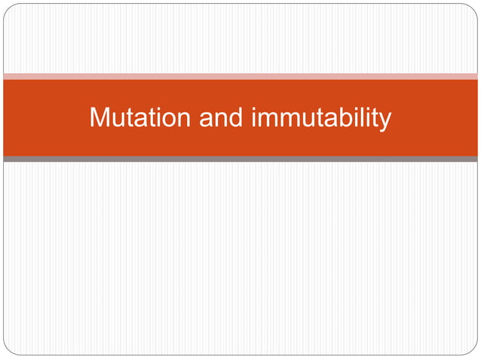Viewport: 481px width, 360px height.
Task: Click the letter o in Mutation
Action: tap(164, 120)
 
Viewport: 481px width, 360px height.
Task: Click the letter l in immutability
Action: tap(363, 117)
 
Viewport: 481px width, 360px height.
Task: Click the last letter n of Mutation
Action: tap(179, 120)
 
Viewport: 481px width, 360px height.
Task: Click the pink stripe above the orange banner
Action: tap(240, 76)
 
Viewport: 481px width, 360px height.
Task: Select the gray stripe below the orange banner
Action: tap(240, 159)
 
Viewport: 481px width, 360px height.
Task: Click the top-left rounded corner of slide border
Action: tap(8, 8)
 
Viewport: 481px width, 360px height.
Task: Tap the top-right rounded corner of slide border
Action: tap(473, 8)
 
